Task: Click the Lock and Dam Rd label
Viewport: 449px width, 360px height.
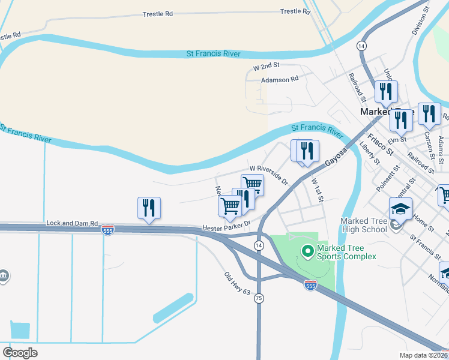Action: (72, 223)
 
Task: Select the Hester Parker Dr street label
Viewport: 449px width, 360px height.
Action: (225, 228)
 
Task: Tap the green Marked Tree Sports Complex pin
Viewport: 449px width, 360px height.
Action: (308, 250)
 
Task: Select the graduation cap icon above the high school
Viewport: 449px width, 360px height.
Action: (400, 209)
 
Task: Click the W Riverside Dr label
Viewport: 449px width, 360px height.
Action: (269, 175)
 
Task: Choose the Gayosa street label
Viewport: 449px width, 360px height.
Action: (336, 155)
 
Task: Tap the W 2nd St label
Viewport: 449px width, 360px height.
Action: (267, 68)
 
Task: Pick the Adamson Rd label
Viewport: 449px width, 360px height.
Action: (279, 79)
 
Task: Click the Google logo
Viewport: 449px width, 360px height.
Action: (20, 352)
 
